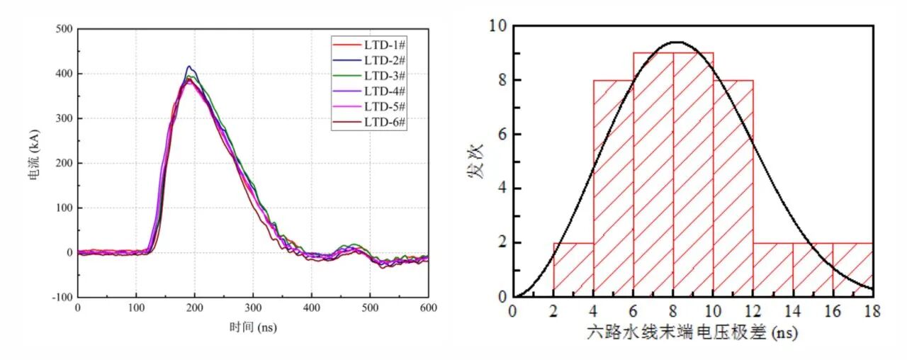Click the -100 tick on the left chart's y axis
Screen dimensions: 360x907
click(62, 298)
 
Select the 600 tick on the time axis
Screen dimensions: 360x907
click(428, 308)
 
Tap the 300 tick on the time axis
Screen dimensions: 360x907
click(253, 308)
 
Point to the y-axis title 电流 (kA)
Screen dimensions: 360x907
click(34, 163)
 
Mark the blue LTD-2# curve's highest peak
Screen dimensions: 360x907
click(189, 66)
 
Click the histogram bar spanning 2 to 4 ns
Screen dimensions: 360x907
click(573, 269)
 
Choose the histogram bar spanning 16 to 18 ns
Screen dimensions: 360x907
click(852, 269)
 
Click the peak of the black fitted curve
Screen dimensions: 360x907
click(677, 42)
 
